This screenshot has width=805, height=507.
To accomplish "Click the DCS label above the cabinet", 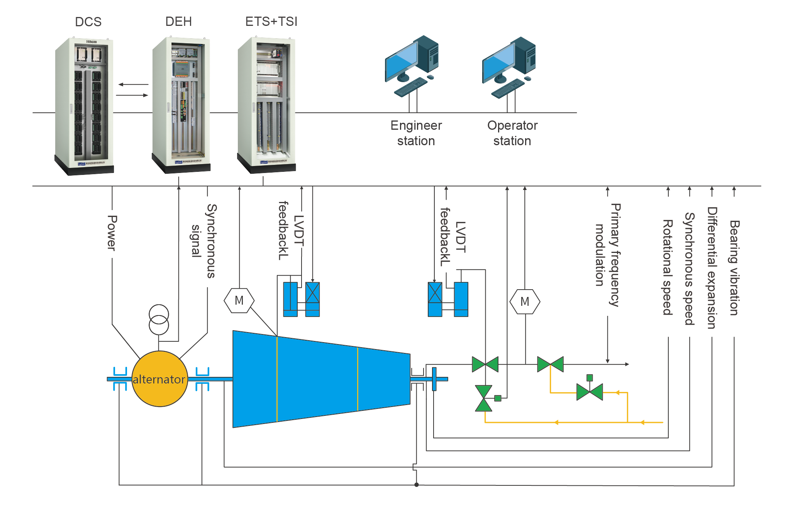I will pos(88,22).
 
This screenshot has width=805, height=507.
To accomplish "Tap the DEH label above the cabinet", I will pos(178,22).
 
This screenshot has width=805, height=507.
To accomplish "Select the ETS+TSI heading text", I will pos(271,22).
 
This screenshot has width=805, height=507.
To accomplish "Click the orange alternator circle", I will pos(159,379).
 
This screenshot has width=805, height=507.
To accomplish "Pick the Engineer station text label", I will pos(416,133).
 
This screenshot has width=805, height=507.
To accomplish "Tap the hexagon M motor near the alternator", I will pos(239,300).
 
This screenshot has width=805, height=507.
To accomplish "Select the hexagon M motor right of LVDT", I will pos(525,301).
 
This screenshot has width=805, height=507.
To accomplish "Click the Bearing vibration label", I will pos(734,268).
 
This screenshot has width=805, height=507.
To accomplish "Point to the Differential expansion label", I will pos(712,268).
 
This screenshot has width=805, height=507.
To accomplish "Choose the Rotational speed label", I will pos(668,267).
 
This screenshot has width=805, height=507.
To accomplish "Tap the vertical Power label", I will pos(112,233).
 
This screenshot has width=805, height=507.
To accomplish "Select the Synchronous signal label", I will pos(204,241).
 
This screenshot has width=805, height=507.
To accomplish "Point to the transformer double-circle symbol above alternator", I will pos(159,319).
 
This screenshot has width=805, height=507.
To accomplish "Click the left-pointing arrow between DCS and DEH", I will pos(133,84).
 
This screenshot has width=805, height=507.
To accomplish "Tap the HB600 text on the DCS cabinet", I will pos(92,42).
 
